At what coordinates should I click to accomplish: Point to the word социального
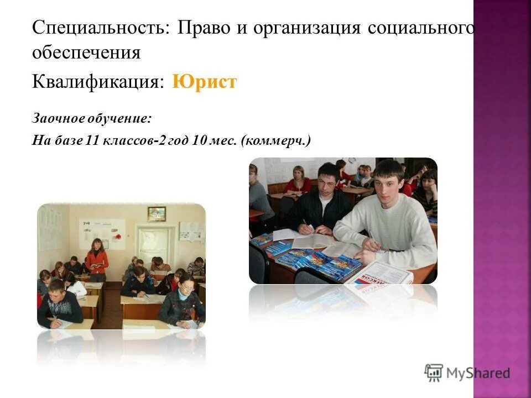pos(421,28)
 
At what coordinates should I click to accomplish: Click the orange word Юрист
pos(204,82)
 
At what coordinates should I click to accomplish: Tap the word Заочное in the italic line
pos(55,118)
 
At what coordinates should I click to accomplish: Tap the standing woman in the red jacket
pos(97,259)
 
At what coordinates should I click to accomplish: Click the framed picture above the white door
pos(157,214)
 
